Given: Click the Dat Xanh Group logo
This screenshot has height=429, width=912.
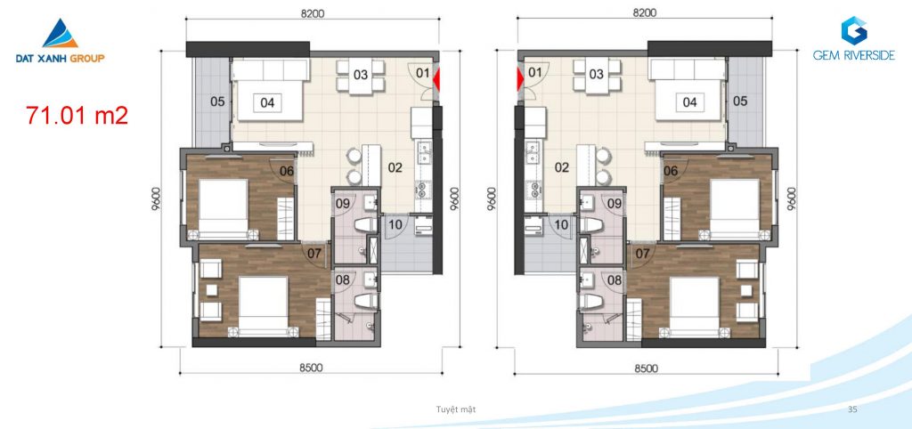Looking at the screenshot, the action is pyautogui.click(x=60, y=41).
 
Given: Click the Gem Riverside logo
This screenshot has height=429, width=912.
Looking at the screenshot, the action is pyautogui.click(x=853, y=38).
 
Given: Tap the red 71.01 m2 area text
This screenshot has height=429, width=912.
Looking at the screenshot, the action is pyautogui.click(x=77, y=116).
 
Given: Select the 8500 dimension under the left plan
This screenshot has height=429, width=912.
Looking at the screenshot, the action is pyautogui.click(x=311, y=368).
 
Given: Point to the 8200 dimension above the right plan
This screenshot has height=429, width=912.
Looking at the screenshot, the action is pyautogui.click(x=644, y=13).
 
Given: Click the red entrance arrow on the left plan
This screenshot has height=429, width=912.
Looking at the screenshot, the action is pyautogui.click(x=436, y=80).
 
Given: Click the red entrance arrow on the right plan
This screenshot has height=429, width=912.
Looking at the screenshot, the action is pyautogui.click(x=520, y=80).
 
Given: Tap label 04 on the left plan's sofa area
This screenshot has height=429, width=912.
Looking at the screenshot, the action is pyautogui.click(x=267, y=103).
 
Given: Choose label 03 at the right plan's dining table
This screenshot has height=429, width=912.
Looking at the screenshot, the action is pyautogui.click(x=596, y=75).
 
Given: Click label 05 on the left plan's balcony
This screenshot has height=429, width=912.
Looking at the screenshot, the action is pyautogui.click(x=217, y=101).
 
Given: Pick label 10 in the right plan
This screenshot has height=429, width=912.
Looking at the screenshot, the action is pyautogui.click(x=561, y=224).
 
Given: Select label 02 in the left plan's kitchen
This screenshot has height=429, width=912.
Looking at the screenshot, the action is pyautogui.click(x=395, y=168).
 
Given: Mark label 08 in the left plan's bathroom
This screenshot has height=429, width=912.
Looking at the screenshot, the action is pyautogui.click(x=343, y=280).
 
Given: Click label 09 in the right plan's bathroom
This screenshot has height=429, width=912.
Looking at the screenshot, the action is pyautogui.click(x=615, y=204).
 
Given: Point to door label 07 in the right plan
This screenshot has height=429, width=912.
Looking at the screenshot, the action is pyautogui.click(x=643, y=254).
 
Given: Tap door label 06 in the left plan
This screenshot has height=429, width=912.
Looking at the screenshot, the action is pyautogui.click(x=286, y=171).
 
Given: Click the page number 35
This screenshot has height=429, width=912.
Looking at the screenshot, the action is pyautogui.click(x=852, y=409).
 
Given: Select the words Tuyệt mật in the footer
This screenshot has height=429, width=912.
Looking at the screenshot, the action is pyautogui.click(x=456, y=409).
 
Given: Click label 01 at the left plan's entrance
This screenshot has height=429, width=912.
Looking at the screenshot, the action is pyautogui.click(x=423, y=73).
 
